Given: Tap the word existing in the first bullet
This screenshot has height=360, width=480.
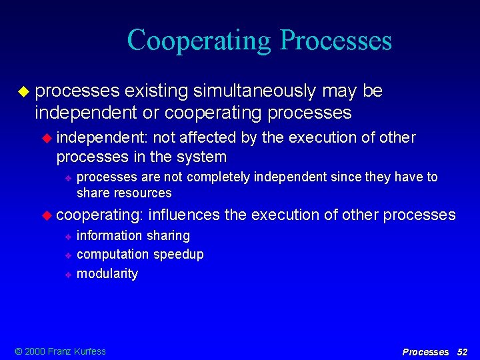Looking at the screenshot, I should tap(156, 91).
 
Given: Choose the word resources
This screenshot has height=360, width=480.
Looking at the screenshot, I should tap(143, 193).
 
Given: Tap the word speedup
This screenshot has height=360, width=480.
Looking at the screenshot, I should tap(179, 254).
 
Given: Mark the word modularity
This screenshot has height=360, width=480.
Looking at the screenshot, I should tap(107, 273).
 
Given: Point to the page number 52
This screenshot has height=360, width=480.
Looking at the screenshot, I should tap(462, 351).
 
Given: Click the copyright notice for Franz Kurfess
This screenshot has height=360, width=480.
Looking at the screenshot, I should tap(61, 351).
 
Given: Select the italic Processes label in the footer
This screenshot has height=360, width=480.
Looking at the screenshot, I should tap(425, 351).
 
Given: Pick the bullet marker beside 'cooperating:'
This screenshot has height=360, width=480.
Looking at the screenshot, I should tap(47, 215).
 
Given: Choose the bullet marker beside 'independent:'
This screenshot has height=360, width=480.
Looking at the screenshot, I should tap(47, 138).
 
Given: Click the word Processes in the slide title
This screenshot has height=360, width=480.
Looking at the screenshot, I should tap(336, 41).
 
